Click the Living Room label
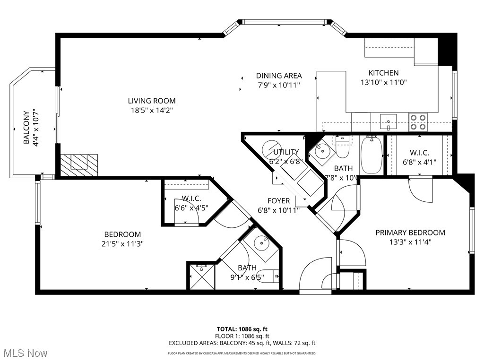coord(151,101)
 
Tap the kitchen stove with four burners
coord(418,121)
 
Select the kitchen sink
coord(389,121)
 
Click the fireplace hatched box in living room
coord(79,165)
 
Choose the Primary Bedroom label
coord(410,233)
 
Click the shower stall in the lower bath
coord(201,276)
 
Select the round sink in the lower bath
coord(262,244)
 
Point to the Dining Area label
coord(279,76)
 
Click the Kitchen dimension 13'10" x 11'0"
coord(383,82)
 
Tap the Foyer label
coord(278,201)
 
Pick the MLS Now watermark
coord(25,353)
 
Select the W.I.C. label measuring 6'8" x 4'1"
coord(419,153)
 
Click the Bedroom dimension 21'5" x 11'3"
coord(122,244)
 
